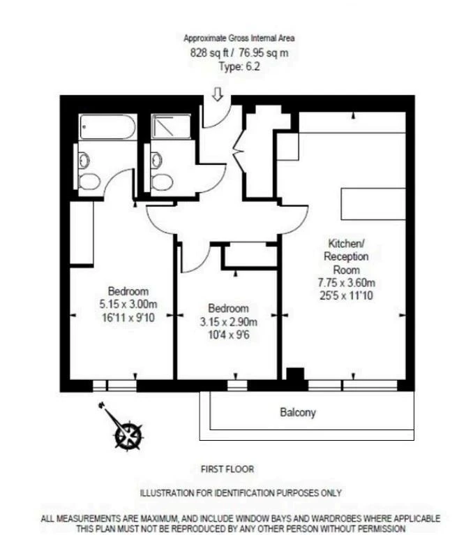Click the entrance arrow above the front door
pyautogui.click(x=218, y=94)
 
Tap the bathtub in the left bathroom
pyautogui.click(x=107, y=127)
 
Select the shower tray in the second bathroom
pyautogui.click(x=171, y=126)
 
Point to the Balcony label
pyautogui.click(x=298, y=413)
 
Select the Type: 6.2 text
pyautogui.click(x=239, y=66)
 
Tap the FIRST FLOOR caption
pyautogui.click(x=227, y=469)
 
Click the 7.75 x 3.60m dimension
pyautogui.click(x=346, y=282)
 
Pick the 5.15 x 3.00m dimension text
pyautogui.click(x=128, y=304)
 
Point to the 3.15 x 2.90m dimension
pyautogui.click(x=228, y=322)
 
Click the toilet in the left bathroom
pyautogui.click(x=89, y=181)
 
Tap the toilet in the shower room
pyautogui.click(x=162, y=182)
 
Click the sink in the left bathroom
pyautogui.click(x=84, y=161)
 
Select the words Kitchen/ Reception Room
pyautogui.click(x=346, y=256)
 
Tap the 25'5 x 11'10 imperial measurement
pyautogui.click(x=346, y=295)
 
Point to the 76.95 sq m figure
pyautogui.click(x=263, y=53)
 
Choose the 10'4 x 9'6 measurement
pyautogui.click(x=229, y=335)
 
